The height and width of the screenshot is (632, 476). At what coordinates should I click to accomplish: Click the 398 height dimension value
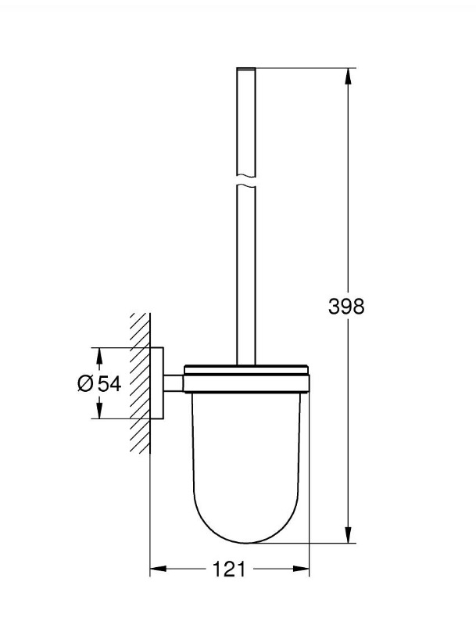pyautogui.click(x=345, y=306)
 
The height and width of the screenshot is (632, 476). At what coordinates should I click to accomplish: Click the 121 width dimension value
pyautogui.click(x=229, y=570)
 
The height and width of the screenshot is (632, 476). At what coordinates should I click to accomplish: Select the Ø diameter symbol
pyautogui.click(x=86, y=383)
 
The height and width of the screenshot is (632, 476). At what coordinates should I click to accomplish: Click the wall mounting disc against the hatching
pyautogui.click(x=156, y=382)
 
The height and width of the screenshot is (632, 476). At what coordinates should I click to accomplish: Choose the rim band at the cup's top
pyautogui.click(x=246, y=381)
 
